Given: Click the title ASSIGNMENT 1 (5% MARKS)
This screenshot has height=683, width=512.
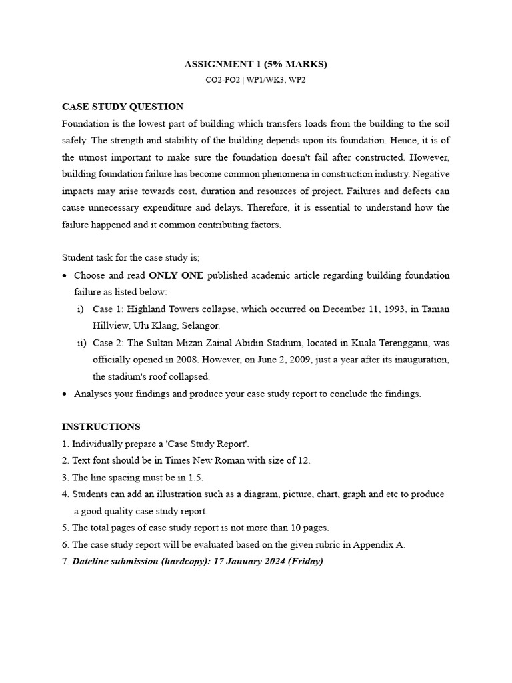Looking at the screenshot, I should point(256,65).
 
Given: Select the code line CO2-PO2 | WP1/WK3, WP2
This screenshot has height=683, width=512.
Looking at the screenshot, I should point(256,80).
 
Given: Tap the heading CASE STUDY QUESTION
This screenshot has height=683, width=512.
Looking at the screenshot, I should point(123,107).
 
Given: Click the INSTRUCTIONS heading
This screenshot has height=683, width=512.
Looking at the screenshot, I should point(101,426).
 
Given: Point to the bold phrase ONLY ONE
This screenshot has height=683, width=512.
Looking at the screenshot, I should point(176,275).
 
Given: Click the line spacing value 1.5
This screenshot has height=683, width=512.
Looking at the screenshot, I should point(194,478).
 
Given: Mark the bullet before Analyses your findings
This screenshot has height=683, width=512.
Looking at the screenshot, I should point(64,394).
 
